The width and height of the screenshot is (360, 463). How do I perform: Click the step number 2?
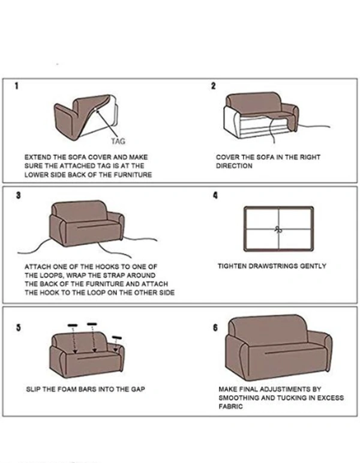tap(213, 86)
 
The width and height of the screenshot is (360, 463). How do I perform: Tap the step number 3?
tap(19, 196)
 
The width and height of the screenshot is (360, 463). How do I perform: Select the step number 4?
tap(215, 196)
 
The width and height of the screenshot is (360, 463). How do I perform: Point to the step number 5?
tap(19, 328)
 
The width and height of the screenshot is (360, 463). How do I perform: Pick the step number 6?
tap(215, 328)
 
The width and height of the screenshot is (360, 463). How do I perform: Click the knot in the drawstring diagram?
tap(277, 229)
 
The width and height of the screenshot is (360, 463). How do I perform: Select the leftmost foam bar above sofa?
tap(73, 325)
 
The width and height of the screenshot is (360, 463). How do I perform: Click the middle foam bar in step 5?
tap(92, 325)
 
